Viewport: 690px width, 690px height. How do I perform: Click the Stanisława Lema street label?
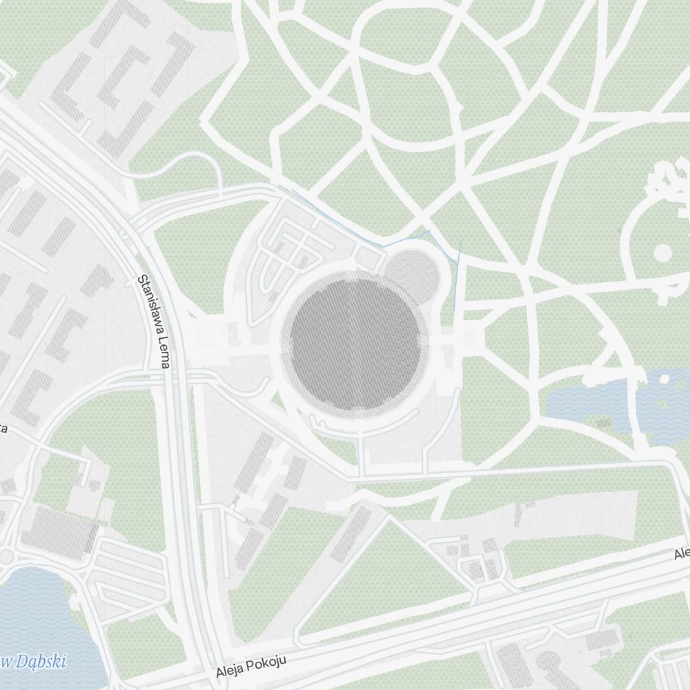(153, 322)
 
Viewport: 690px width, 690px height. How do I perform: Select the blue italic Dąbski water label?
(34, 661)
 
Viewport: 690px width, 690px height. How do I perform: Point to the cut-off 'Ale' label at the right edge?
(681, 553)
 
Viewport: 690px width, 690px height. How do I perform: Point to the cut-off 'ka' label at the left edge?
(3, 428)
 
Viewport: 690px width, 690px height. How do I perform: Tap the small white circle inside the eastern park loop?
(662, 253)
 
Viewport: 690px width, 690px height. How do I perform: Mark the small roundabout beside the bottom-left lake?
(7, 556)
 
